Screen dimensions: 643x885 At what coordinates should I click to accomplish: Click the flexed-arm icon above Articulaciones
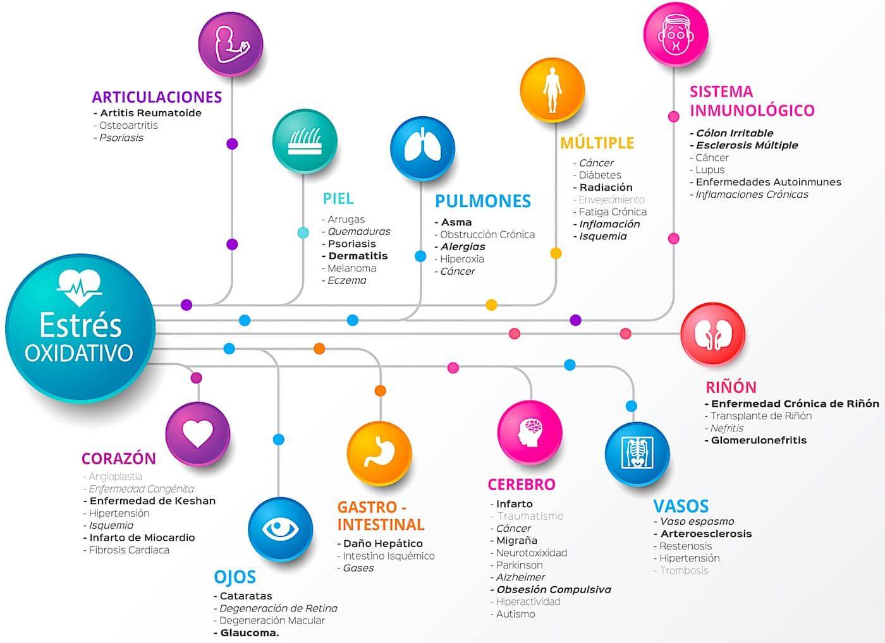coord(231,45)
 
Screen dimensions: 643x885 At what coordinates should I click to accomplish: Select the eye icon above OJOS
coord(280,529)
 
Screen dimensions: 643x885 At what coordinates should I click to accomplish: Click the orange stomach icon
coord(379,453)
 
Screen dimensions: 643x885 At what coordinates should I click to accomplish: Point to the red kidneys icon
coord(712,335)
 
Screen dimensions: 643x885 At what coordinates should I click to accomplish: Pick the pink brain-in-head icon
coord(530,432)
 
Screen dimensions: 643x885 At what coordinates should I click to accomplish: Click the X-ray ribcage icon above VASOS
coord(637,454)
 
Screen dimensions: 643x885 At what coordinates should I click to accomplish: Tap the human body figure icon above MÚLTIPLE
coord(552,89)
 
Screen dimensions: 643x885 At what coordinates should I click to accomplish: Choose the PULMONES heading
coord(483,201)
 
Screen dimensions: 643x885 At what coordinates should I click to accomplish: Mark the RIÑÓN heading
coord(731,387)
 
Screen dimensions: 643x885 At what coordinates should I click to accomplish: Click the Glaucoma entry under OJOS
coord(249,633)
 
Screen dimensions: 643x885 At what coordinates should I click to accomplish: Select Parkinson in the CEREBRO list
coord(519,565)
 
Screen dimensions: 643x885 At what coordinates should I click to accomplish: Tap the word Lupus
coord(710,170)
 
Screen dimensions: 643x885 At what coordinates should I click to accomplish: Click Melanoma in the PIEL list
coord(351,268)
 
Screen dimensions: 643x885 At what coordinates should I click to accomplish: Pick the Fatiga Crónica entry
coord(613,212)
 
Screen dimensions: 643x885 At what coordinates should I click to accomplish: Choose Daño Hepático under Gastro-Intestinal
coord(383,543)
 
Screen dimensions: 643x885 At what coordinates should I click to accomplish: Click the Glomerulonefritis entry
coord(759,440)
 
